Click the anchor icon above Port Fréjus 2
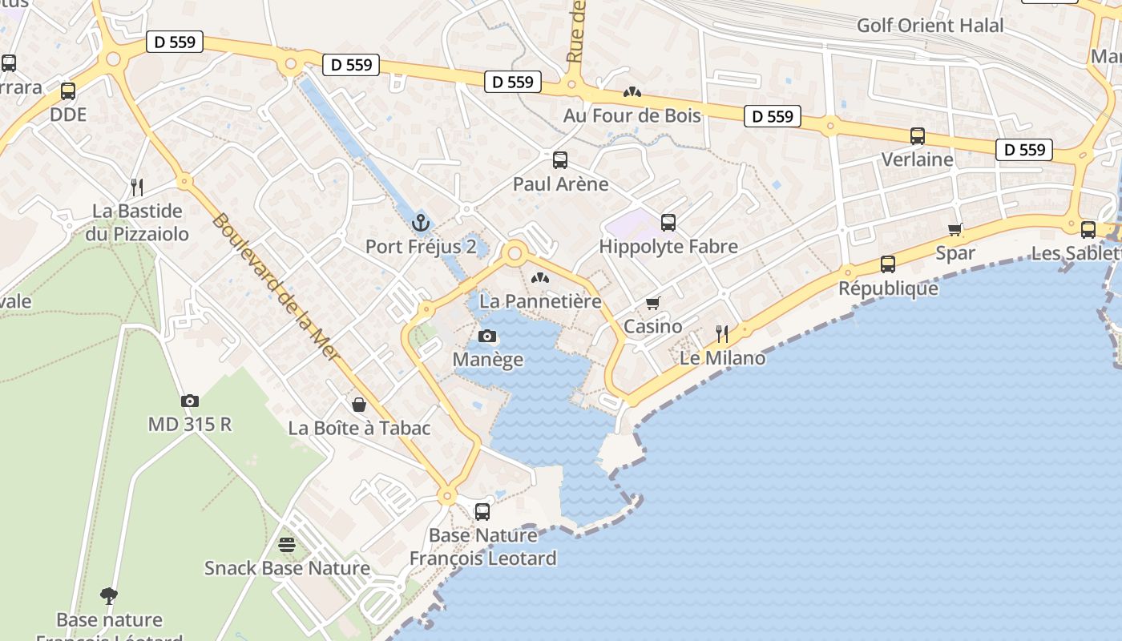point(421,222)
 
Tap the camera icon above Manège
point(487,336)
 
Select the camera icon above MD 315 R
point(190,401)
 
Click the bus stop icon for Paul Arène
point(560,159)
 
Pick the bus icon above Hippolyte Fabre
point(668,223)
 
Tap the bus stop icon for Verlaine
point(918,136)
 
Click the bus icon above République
point(888,264)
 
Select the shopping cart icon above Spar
point(955,230)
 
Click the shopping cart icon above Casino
point(653,303)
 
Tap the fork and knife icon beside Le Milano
point(722,334)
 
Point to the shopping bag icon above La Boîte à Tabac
point(359,405)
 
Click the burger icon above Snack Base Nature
point(287,545)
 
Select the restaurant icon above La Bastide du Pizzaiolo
point(137,187)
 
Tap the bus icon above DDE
point(68,91)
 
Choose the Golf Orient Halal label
point(930,26)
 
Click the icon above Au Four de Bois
point(632,93)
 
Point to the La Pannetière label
point(540,301)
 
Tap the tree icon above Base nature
point(109,595)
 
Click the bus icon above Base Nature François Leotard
point(482,511)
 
